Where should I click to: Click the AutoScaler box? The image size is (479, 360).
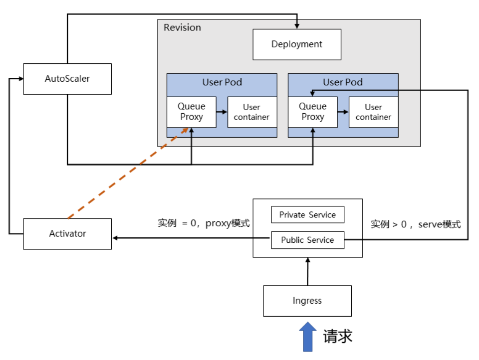tap(67, 79)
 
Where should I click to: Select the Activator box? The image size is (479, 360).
tap(67, 233)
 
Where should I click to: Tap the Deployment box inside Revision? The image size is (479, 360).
tap(297, 44)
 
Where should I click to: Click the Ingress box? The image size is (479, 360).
tap(307, 301)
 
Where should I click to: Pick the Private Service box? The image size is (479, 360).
tap(307, 215)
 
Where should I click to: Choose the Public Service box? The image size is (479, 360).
tap(307, 240)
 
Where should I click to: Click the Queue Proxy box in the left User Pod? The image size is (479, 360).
tap(192, 112)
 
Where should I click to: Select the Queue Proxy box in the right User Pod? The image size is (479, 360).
tap(312, 112)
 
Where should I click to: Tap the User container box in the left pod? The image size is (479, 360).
tap(251, 112)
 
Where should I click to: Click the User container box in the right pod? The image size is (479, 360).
tap(373, 112)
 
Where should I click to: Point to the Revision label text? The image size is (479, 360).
tap(182, 27)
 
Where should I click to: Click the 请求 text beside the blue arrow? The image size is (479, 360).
tap(338, 336)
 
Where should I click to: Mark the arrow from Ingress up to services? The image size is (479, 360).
tap(307, 272)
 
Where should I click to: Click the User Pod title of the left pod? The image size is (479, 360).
tap(222, 82)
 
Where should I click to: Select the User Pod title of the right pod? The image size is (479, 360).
tap(343, 82)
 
